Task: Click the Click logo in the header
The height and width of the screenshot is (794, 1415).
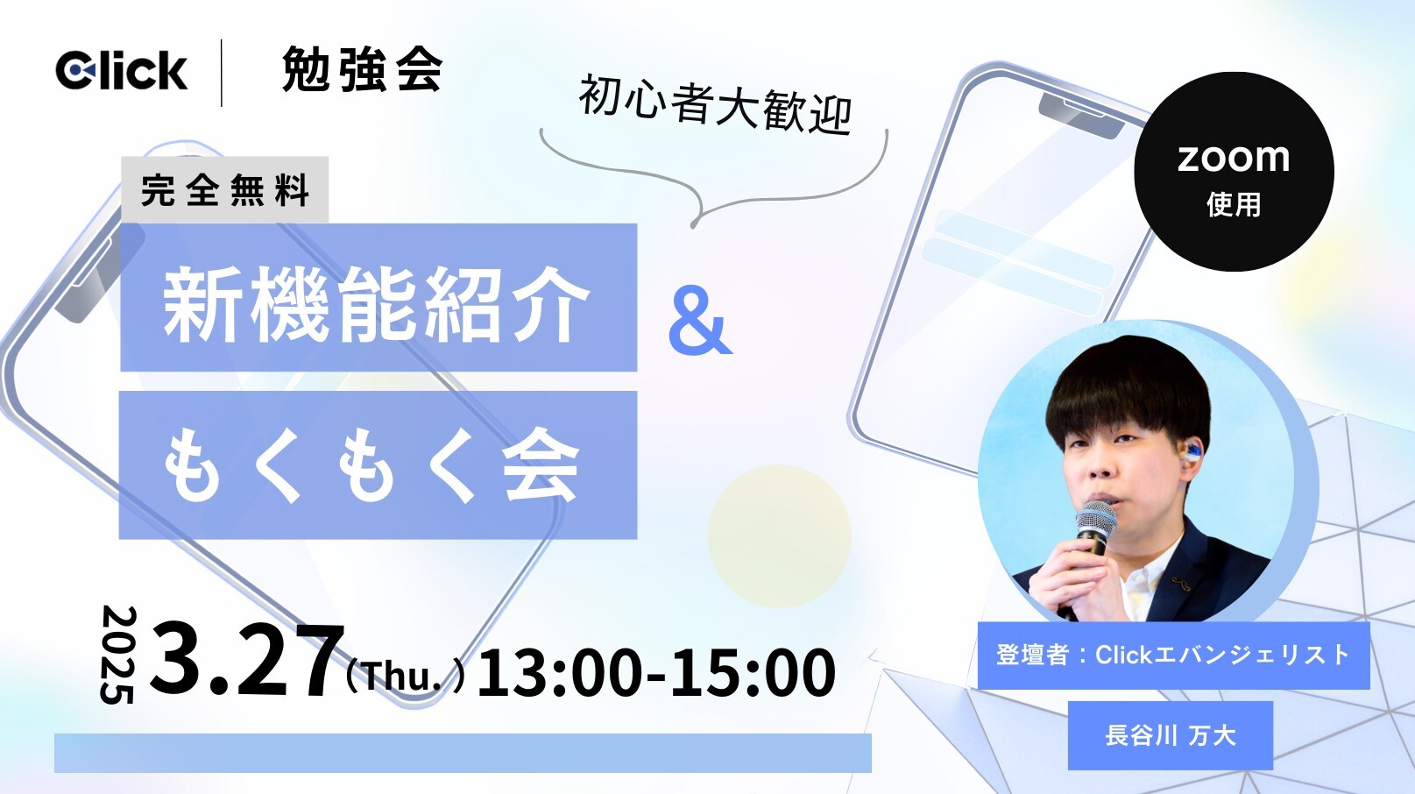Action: [x=121, y=70]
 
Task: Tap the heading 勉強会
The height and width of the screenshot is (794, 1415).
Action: [x=362, y=69]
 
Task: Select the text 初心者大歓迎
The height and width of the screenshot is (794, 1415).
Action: [x=715, y=105]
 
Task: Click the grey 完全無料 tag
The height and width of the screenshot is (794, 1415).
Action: [x=225, y=189]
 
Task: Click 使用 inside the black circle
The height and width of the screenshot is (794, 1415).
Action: [x=1234, y=204]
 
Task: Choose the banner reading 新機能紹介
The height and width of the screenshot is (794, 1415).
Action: [x=379, y=297]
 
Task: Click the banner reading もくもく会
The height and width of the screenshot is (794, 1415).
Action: [x=378, y=464]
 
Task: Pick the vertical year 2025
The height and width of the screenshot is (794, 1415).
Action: [x=117, y=655]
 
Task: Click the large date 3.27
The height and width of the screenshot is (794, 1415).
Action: [x=244, y=659]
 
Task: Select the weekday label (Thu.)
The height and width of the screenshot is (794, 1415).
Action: [x=406, y=676]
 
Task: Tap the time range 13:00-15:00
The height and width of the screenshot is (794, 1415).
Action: [x=656, y=671]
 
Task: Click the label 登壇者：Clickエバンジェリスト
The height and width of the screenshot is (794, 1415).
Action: [x=1174, y=655]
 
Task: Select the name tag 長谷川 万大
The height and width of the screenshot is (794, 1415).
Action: [x=1171, y=736]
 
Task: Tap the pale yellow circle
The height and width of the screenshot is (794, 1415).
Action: [x=780, y=537]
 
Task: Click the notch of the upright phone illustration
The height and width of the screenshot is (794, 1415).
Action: [x=1081, y=117]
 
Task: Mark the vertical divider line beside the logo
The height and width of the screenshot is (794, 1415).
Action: [x=221, y=73]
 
